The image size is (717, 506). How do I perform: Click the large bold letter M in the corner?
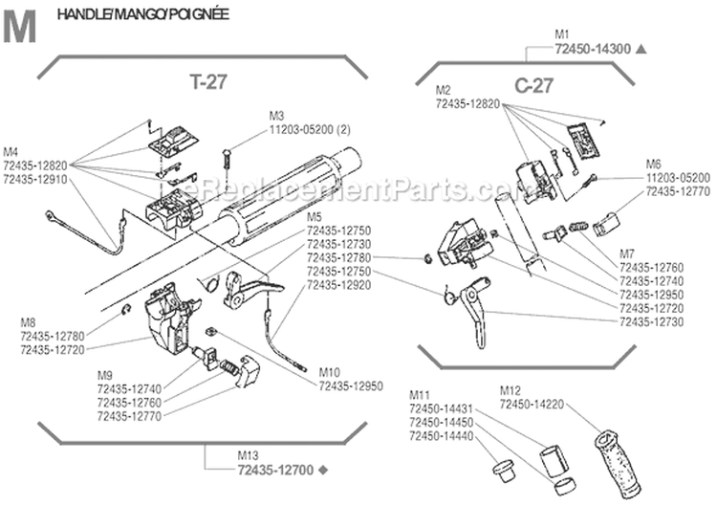(21, 28)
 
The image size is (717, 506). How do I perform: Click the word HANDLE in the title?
(81, 15)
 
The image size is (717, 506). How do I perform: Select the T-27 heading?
(207, 83)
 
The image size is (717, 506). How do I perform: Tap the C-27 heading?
(533, 86)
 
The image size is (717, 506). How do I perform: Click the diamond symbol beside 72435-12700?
(322, 470)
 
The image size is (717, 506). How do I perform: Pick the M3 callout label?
(278, 114)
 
